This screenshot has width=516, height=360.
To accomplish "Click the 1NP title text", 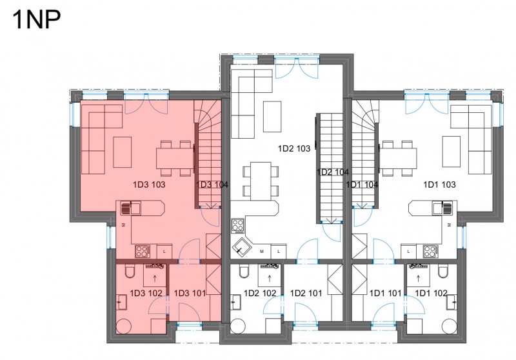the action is tap(36, 20).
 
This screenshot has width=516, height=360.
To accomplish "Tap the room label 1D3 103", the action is tap(149, 185).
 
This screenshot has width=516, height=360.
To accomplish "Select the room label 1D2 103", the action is tap(294, 148).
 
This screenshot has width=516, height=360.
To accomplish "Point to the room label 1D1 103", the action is tap(439, 185).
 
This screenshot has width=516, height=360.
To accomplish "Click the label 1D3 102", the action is tap(146, 293).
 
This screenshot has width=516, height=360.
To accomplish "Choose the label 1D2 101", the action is tap(306, 293).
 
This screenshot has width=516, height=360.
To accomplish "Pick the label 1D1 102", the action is tap(431, 293).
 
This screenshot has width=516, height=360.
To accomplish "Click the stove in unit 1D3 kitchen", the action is tap(143, 252).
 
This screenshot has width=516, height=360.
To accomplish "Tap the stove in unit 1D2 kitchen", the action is tap(237, 226).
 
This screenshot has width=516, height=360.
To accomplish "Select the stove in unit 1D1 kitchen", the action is tap(431, 252).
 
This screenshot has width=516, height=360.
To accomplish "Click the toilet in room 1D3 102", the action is tap(130, 271).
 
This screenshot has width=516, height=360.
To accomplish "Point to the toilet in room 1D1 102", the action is tap(442, 271).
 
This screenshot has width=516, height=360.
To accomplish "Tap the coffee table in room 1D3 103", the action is tap(123, 152).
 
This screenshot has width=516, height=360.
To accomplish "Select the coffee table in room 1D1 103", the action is tap(451, 152).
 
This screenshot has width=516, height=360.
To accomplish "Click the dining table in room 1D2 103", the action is tap(261, 181).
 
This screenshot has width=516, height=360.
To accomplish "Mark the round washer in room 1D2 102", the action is tap(237, 326).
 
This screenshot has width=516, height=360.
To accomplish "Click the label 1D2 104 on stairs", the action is tap(332, 172).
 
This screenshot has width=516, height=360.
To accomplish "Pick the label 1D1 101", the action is tap(385, 293).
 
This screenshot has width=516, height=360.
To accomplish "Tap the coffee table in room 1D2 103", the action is tap(272, 117).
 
